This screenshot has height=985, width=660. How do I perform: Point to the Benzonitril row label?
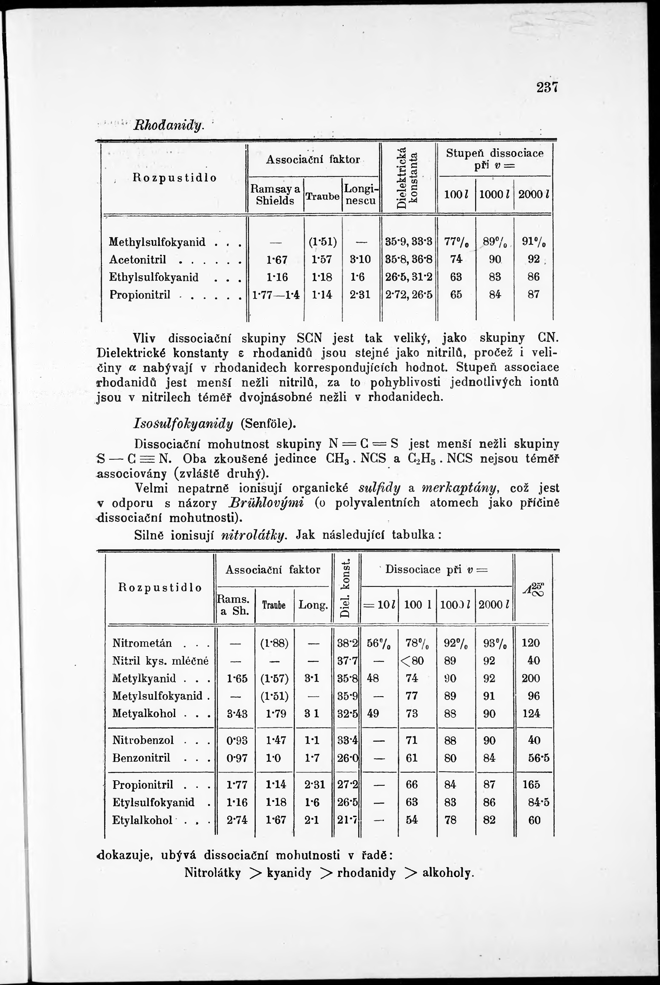pos(141,758)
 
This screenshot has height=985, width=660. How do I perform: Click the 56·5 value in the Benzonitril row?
pos(539,758)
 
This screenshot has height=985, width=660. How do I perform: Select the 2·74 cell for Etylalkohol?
pos(237,820)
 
